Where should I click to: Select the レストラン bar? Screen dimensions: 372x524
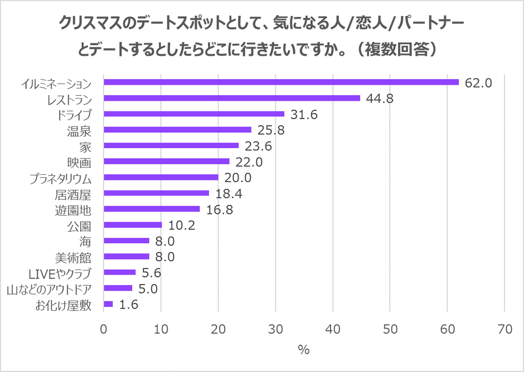(232, 98)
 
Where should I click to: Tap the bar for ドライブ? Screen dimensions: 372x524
(194, 114)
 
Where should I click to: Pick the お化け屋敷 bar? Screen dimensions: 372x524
(108, 304)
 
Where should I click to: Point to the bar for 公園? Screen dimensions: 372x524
(133, 225)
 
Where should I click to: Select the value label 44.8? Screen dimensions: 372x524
(380, 99)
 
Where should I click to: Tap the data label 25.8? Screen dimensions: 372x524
(270, 131)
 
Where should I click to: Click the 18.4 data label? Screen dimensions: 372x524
(228, 194)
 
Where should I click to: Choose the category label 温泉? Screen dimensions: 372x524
(79, 130)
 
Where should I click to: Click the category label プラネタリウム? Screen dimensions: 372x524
(60, 178)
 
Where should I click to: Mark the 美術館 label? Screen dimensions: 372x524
(73, 257)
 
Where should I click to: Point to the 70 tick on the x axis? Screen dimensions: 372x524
(504, 330)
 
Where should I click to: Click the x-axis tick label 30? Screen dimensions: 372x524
(275, 330)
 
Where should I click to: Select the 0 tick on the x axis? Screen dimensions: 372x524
(104, 330)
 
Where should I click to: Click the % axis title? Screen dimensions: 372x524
(304, 350)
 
